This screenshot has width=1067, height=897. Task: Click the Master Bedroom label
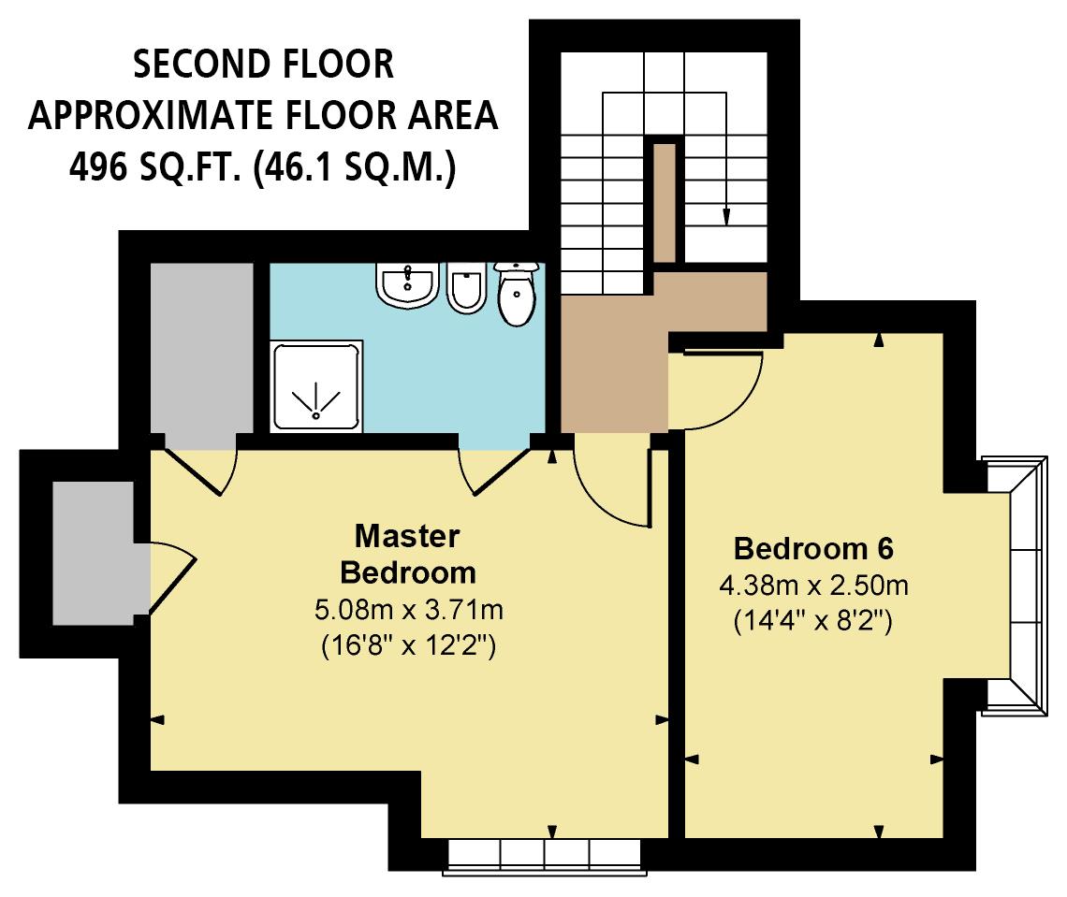coord(407,554)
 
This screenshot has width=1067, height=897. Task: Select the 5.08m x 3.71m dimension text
coord(409,612)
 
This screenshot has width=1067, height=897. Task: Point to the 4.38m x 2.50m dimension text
coord(813,586)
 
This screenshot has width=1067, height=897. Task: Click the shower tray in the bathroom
coord(316,386)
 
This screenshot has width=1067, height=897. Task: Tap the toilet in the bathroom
coord(516,292)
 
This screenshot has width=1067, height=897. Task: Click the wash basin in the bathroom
coord(407,283)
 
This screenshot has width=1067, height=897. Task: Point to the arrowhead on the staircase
coord(726,218)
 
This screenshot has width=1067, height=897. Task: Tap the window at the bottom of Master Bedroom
coord(545,854)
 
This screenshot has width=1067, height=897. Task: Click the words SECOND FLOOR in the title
coord(262,65)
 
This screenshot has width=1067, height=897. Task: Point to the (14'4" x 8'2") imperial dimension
coord(813,622)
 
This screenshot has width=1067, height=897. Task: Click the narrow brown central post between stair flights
coord(665,201)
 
